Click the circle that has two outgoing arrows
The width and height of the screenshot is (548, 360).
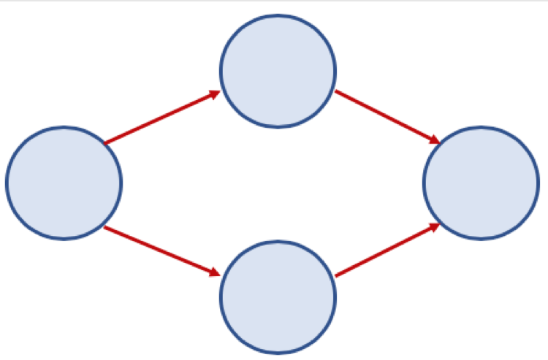64,183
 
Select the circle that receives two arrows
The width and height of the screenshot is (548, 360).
481,183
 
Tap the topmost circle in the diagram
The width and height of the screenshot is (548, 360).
278,71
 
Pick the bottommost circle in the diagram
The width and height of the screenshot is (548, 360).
278,296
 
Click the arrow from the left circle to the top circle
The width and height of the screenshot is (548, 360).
162,117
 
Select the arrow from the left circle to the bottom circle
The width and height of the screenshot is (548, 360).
162,251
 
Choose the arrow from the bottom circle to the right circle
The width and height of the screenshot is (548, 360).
386,250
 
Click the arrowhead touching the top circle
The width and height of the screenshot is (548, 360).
215,93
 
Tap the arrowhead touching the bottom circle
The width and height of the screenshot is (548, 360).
215,273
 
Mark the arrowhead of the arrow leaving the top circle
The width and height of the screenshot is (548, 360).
434,139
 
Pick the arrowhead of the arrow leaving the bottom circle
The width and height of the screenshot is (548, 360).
434,226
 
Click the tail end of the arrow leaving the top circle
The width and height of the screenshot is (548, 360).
337,92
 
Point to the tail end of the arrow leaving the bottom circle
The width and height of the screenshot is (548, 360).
337,275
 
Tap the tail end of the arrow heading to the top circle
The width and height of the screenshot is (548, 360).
107,142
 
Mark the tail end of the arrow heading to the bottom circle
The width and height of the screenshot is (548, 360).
107,229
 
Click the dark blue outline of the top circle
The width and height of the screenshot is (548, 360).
278,15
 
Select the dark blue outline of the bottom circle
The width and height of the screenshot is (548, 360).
278,353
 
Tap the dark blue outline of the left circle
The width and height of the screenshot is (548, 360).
7,183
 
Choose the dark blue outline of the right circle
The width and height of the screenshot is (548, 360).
539,183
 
